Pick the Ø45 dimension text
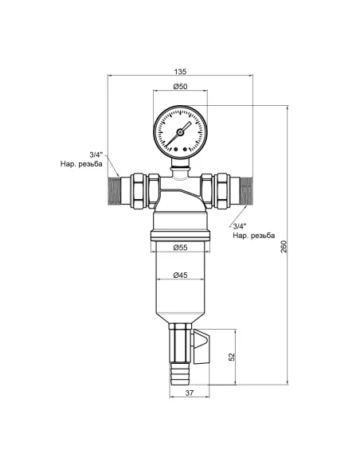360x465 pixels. tap(180, 275)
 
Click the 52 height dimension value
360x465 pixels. tap(232, 357)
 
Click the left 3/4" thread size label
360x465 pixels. tap(96, 155)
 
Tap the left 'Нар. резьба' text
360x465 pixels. tap(82, 166)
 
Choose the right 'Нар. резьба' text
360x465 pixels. tap(253, 236)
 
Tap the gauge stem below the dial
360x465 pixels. tap(180, 170)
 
